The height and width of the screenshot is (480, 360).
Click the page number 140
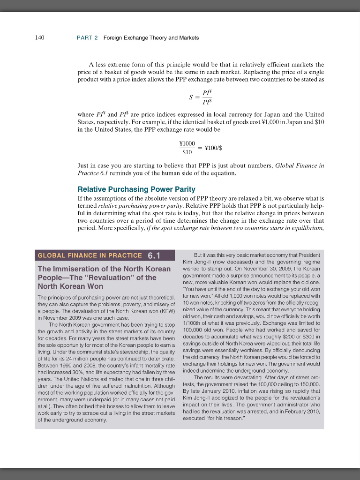(x=40, y=37)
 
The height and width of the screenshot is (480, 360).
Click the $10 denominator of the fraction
(x=187, y=152)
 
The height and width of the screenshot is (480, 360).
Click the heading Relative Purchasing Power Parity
(x=136, y=189)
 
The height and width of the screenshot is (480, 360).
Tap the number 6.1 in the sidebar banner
(x=154, y=255)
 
